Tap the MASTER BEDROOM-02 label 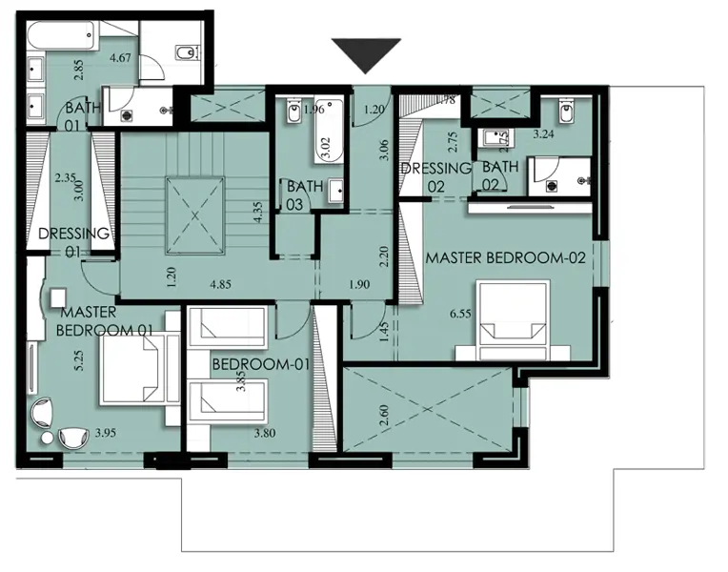506,257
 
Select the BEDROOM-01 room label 260,364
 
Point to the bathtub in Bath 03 329,131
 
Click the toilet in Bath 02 565,112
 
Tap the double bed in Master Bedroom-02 514,319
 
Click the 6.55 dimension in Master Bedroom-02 460,314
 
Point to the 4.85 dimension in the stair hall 220,284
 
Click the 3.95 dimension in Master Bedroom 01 106,433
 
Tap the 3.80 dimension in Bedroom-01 265,433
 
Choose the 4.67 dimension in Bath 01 120,58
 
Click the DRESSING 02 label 435,177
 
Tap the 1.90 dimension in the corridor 359,284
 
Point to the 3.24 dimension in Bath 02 543,134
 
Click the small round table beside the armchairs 47,439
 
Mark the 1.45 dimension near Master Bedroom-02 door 383,332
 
